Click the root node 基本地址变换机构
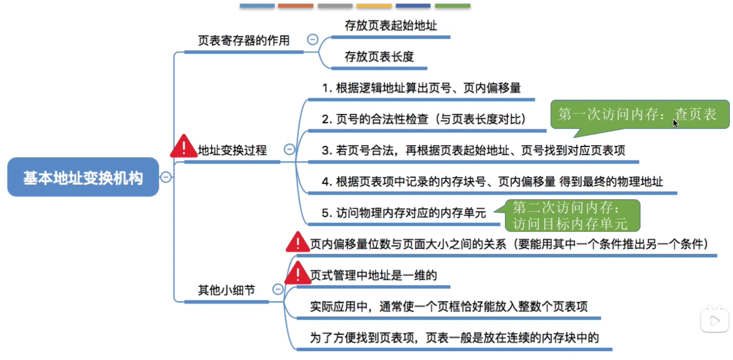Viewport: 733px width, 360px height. click(83, 177)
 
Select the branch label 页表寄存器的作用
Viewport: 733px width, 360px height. click(244, 40)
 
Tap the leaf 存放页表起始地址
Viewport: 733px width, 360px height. click(391, 25)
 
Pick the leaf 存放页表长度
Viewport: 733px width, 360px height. click(379, 57)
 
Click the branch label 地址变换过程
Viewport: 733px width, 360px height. click(232, 150)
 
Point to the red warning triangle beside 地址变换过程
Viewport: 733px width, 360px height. click(184, 146)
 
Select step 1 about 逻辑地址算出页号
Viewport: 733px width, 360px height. click(421, 88)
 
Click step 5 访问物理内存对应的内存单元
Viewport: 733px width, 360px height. click(404, 213)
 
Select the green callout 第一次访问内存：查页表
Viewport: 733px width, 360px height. click(640, 115)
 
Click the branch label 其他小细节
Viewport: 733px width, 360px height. click(227, 290)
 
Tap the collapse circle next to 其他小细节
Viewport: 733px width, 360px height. click(278, 289)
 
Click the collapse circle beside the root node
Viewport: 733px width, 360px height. click(166, 177)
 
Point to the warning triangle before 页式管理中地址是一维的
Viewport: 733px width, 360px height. click(298, 273)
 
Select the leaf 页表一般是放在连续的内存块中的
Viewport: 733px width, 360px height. click(455, 337)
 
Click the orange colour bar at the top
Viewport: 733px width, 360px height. click(295, 6)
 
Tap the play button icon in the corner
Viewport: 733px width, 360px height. click(715, 320)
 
